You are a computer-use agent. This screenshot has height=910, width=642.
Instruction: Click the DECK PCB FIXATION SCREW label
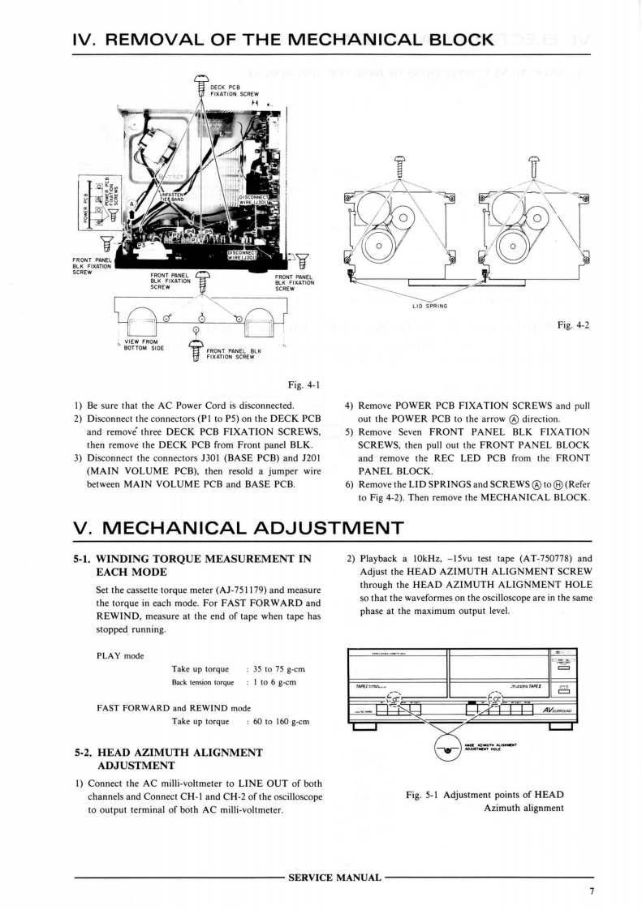tap(234, 92)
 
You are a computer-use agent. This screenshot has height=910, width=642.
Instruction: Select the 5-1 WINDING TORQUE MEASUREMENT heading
tap(192, 565)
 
